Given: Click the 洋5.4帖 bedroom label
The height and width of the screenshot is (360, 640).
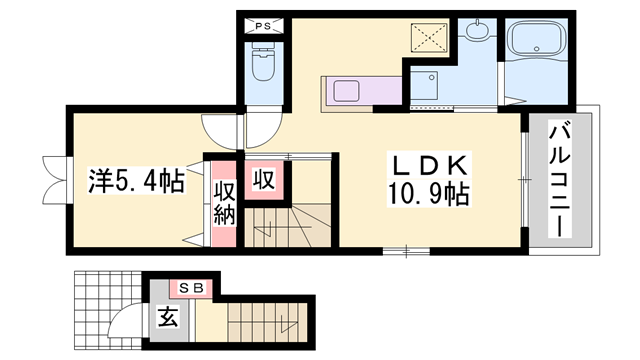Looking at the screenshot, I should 135,183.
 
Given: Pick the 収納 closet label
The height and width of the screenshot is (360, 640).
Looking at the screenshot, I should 224,201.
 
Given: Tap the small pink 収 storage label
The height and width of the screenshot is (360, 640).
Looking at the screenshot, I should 263,180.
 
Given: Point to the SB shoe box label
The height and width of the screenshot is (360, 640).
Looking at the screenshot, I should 191,288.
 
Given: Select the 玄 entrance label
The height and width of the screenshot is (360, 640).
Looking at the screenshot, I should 167,319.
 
